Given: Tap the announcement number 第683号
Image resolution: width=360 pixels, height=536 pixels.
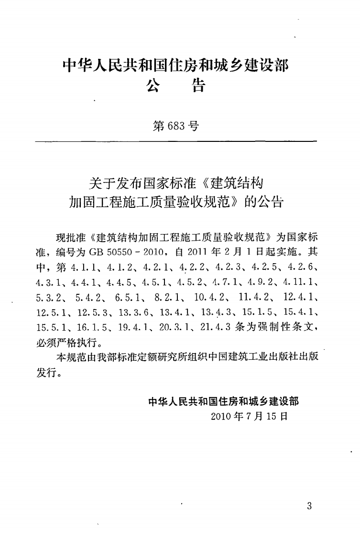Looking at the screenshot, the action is tap(176, 126).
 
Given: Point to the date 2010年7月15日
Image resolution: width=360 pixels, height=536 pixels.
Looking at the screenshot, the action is tap(249, 416).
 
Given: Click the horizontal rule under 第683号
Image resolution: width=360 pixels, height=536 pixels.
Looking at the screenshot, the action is tap(176, 142).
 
